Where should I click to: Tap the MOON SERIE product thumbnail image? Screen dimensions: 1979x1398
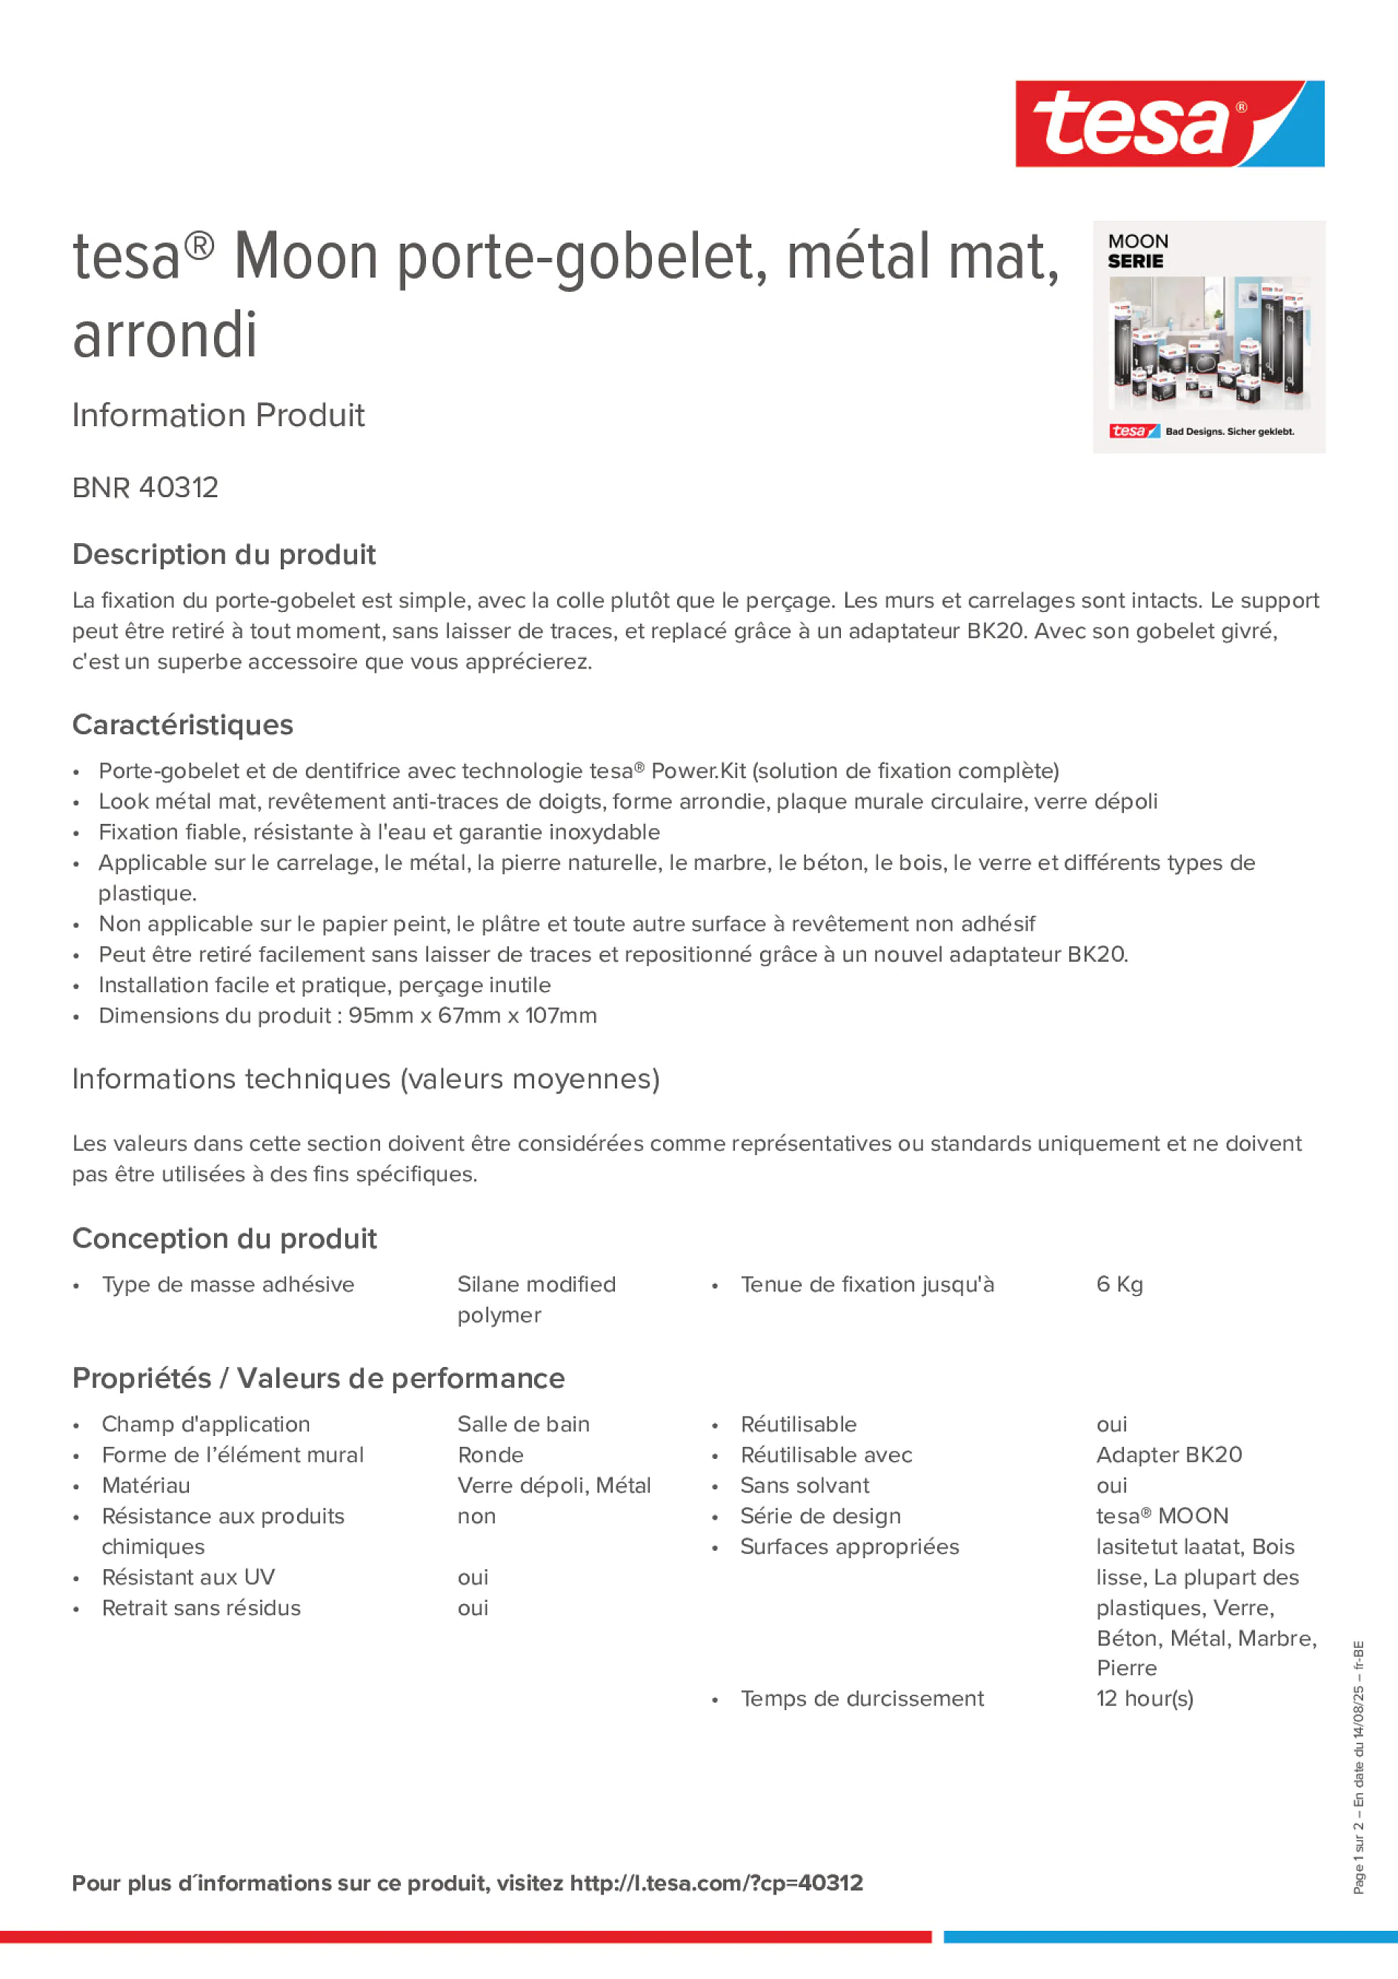click(x=1208, y=337)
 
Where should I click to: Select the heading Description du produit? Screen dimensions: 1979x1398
click(x=224, y=554)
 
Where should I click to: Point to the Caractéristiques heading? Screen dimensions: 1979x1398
click(x=183, y=725)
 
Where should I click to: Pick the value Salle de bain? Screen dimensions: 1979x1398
click(x=523, y=1424)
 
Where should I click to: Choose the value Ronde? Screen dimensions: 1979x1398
click(x=490, y=1455)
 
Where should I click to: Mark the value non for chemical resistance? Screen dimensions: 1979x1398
click(x=476, y=1516)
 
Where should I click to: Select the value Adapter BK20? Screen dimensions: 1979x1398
click(x=1169, y=1455)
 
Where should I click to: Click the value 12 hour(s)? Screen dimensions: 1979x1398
click(x=1144, y=1698)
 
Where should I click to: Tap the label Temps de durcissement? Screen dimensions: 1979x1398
click(x=862, y=1698)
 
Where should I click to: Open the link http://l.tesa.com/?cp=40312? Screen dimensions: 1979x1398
click(x=716, y=1883)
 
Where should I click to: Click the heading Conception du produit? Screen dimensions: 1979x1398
click(x=224, y=1239)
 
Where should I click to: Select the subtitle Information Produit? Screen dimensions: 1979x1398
click(x=218, y=416)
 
